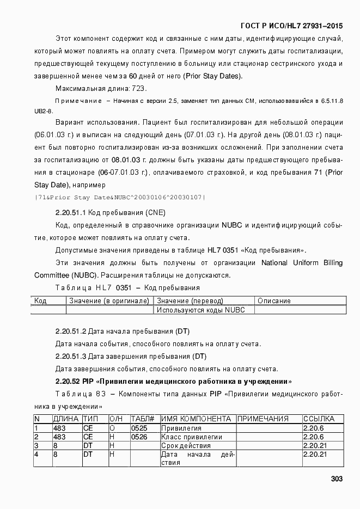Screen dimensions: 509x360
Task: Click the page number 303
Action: (337, 479)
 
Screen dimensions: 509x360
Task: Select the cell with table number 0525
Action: (139, 428)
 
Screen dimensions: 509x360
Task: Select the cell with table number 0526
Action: (139, 437)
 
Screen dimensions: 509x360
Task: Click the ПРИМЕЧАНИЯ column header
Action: (264, 419)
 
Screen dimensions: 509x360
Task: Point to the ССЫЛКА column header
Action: (319, 419)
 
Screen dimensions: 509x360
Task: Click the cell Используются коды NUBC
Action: (201, 310)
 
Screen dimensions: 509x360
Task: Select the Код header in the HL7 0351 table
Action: (40, 301)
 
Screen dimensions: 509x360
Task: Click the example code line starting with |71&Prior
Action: (119, 197)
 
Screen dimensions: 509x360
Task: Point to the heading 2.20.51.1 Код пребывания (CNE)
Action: (111, 212)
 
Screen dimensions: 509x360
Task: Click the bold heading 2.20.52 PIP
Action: (174, 381)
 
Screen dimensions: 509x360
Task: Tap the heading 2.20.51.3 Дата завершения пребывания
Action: (131, 356)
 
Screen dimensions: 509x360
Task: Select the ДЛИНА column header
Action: (66, 419)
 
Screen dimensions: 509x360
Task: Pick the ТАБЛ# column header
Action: (143, 419)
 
